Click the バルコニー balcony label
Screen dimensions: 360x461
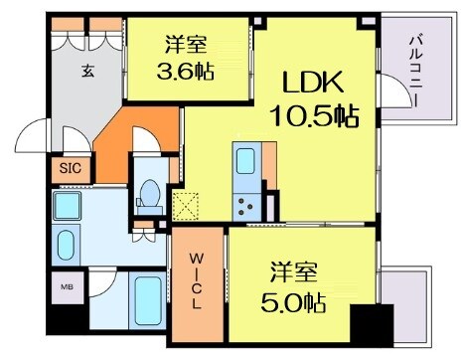click(x=414, y=75)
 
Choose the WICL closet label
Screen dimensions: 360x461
click(x=198, y=281)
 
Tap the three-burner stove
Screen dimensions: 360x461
click(x=244, y=205)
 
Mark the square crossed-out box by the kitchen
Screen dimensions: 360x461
click(x=186, y=207)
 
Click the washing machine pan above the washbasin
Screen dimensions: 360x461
click(x=70, y=209)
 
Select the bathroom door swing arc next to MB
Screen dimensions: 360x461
click(x=102, y=288)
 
